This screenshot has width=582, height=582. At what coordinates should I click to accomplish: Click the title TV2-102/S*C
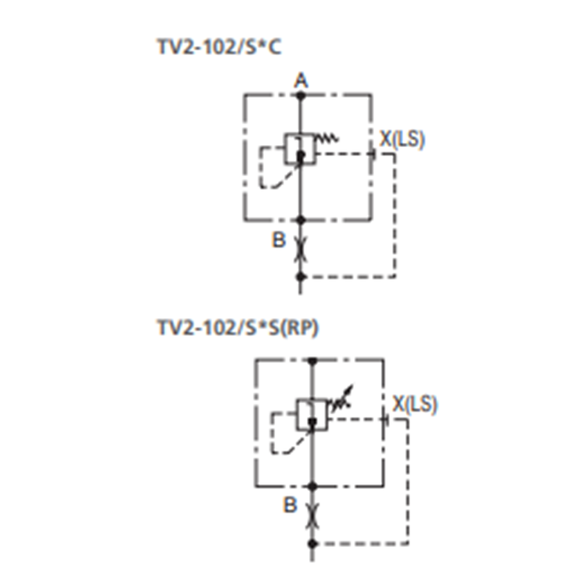coord(219,48)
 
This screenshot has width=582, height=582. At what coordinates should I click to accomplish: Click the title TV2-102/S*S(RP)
coord(237,328)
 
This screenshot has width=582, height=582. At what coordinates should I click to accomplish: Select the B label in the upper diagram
coord(279,240)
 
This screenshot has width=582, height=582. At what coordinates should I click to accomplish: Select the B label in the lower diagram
coord(290,505)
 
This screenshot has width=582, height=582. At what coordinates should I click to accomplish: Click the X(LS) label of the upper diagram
coord(402,140)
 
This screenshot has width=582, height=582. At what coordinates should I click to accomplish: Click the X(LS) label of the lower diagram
coord(414,404)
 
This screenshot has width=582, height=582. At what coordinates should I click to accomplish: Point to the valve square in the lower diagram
coord(313,414)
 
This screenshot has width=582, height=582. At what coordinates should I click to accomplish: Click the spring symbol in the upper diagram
coord(327,138)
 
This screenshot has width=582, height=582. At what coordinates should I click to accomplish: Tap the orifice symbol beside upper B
coord(301,249)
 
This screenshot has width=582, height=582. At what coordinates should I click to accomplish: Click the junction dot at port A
coord(301,94)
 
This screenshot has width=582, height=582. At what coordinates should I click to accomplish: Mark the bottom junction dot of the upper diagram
coord(301,276)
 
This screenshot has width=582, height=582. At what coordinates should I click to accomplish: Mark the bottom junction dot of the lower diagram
coord(313,543)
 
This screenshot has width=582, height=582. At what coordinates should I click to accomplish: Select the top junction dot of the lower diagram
coord(313,361)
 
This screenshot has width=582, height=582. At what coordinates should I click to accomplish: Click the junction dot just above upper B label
coord(301,220)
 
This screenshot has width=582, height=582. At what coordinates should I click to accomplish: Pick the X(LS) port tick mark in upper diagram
coord(372,154)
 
